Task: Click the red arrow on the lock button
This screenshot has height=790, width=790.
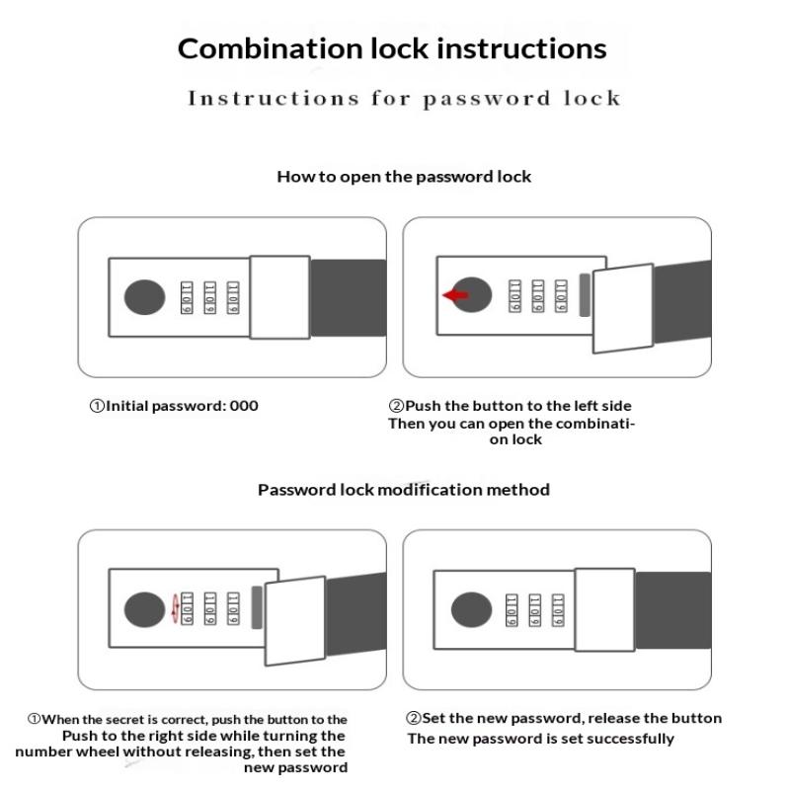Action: (x=455, y=294)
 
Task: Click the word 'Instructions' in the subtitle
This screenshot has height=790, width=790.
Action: (x=256, y=99)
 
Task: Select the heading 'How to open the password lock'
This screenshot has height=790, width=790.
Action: (x=404, y=177)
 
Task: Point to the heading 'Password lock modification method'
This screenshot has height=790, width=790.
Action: (x=404, y=489)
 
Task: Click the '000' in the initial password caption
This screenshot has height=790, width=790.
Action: (x=244, y=405)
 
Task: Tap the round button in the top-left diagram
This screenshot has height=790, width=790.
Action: (x=144, y=296)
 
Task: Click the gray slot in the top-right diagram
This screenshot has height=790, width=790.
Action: (x=585, y=295)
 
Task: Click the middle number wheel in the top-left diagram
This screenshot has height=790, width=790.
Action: (x=209, y=296)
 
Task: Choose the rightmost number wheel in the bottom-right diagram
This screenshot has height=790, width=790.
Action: (x=558, y=608)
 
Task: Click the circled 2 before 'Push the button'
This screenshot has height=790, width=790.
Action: (x=396, y=406)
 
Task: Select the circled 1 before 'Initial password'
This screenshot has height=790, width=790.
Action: (x=97, y=406)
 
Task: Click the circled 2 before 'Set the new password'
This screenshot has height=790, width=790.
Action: (x=414, y=718)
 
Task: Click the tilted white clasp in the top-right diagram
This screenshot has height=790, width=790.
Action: (x=622, y=307)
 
